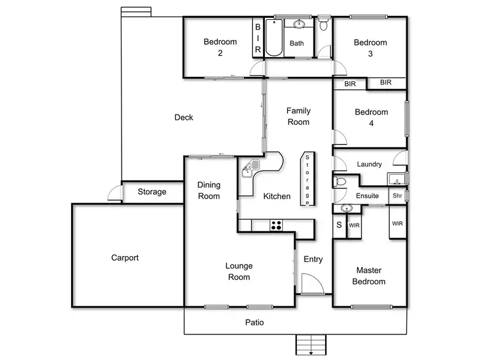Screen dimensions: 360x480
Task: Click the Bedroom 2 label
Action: [x=220, y=47]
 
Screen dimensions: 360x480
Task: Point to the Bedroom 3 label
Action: [x=371, y=48]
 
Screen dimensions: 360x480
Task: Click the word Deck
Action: [x=184, y=117]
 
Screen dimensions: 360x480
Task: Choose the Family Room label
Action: [x=298, y=116]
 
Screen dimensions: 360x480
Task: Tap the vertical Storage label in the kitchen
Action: [x=307, y=179]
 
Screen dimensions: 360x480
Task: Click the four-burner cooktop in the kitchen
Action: [x=277, y=225]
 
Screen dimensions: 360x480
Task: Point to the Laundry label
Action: [x=369, y=164]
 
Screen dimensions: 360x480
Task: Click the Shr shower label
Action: [x=397, y=195]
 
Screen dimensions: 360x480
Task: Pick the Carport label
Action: [x=125, y=258]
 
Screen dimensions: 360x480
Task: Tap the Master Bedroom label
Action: [x=371, y=276]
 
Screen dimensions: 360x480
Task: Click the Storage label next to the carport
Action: [x=152, y=192]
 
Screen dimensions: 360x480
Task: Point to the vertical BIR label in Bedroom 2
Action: [x=258, y=38]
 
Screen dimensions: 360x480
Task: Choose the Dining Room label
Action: [x=209, y=190]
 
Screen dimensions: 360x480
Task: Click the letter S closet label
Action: [x=339, y=225]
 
